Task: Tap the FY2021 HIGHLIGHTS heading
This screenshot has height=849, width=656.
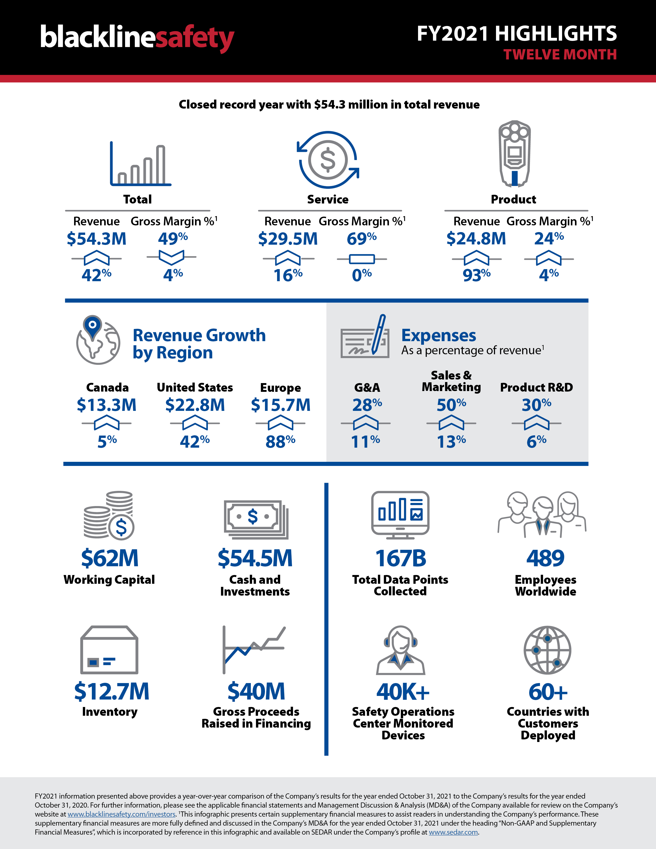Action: pos(517,34)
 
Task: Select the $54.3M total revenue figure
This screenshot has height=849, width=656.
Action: pos(96,239)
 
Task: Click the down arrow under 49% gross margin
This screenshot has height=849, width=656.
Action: pos(171,257)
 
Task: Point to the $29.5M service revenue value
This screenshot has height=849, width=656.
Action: pos(288,239)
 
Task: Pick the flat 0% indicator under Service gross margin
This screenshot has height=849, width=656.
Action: pos(362,259)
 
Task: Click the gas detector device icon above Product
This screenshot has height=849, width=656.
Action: pos(515,154)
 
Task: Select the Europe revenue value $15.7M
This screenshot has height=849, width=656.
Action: pos(281,405)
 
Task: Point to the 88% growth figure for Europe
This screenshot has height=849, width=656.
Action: pos(280,441)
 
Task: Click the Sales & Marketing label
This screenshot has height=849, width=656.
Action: pos(451,381)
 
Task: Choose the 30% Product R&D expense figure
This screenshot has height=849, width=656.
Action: pos(536,405)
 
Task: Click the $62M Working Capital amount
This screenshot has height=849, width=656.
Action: pos(110,558)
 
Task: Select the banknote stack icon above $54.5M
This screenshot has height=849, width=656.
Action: pos(256,519)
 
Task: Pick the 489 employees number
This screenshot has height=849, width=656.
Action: pos(545,558)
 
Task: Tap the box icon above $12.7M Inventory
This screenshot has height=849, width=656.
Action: pos(109,650)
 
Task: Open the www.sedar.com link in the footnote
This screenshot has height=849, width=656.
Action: pos(453,832)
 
